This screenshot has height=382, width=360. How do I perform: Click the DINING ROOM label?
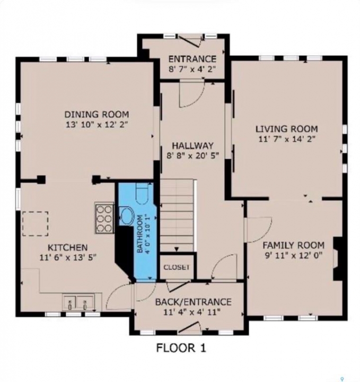pyautogui.click(x=96, y=114)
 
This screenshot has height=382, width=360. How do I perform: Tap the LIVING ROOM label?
pyautogui.click(x=287, y=128)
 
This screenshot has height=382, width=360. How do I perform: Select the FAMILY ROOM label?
pyautogui.click(x=294, y=245)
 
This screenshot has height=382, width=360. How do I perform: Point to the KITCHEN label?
pyautogui.click(x=68, y=248)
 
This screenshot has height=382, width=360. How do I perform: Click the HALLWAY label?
pyautogui.click(x=193, y=145)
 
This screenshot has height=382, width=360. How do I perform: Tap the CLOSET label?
pyautogui.click(x=177, y=267)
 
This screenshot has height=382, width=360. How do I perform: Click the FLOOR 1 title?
pyautogui.click(x=181, y=348)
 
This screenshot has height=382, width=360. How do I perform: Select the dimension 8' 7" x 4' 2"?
pyautogui.click(x=192, y=70)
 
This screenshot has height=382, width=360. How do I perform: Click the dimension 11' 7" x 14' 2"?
pyautogui.click(x=287, y=139)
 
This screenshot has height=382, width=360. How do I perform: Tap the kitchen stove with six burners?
pyautogui.click(x=104, y=218)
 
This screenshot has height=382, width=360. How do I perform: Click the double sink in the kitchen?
pyautogui.click(x=77, y=302)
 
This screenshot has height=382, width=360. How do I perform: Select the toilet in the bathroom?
pyautogui.click(x=142, y=193)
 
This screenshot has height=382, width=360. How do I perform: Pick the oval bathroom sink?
pyautogui.click(x=127, y=216)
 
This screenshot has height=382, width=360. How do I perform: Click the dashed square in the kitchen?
pyautogui.click(x=36, y=224)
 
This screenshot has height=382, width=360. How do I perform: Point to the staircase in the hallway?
pyautogui.click(x=178, y=215)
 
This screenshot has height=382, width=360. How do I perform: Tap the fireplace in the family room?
pyautogui.click(x=338, y=259)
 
